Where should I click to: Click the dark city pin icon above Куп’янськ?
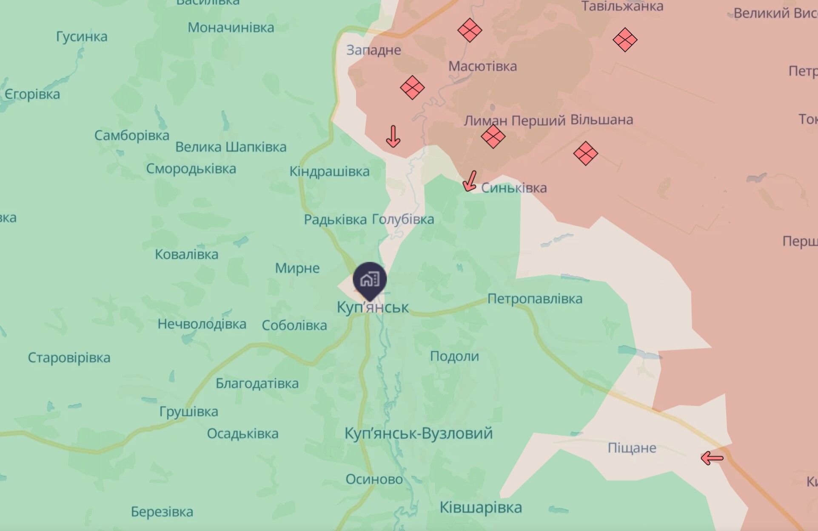coord(370,280)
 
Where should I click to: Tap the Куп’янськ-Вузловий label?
coord(419,433)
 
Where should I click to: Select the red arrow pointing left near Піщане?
coord(712,458)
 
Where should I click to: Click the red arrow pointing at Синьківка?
coord(470,181)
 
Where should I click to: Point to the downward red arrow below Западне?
coord(393,136)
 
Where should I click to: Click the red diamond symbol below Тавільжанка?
coord(625,40)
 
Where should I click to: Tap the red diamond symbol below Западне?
coord(412,88)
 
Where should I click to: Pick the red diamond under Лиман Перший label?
coord(493,136)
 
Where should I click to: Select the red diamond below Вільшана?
coord(585,153)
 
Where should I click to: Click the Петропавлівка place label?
coord(535,299)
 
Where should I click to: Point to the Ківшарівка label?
coord(481,507)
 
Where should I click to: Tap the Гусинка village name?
coord(82,37)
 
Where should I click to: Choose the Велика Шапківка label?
coord(231,147)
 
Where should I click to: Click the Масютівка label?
coord(482,66)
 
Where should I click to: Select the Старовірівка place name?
coord(69,358)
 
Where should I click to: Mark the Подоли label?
coord(454,356)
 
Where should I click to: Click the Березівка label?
coord(162,511)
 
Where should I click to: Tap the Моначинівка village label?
coord(231,28)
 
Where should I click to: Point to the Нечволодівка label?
coord(202,324)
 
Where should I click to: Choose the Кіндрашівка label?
coord(330,172)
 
